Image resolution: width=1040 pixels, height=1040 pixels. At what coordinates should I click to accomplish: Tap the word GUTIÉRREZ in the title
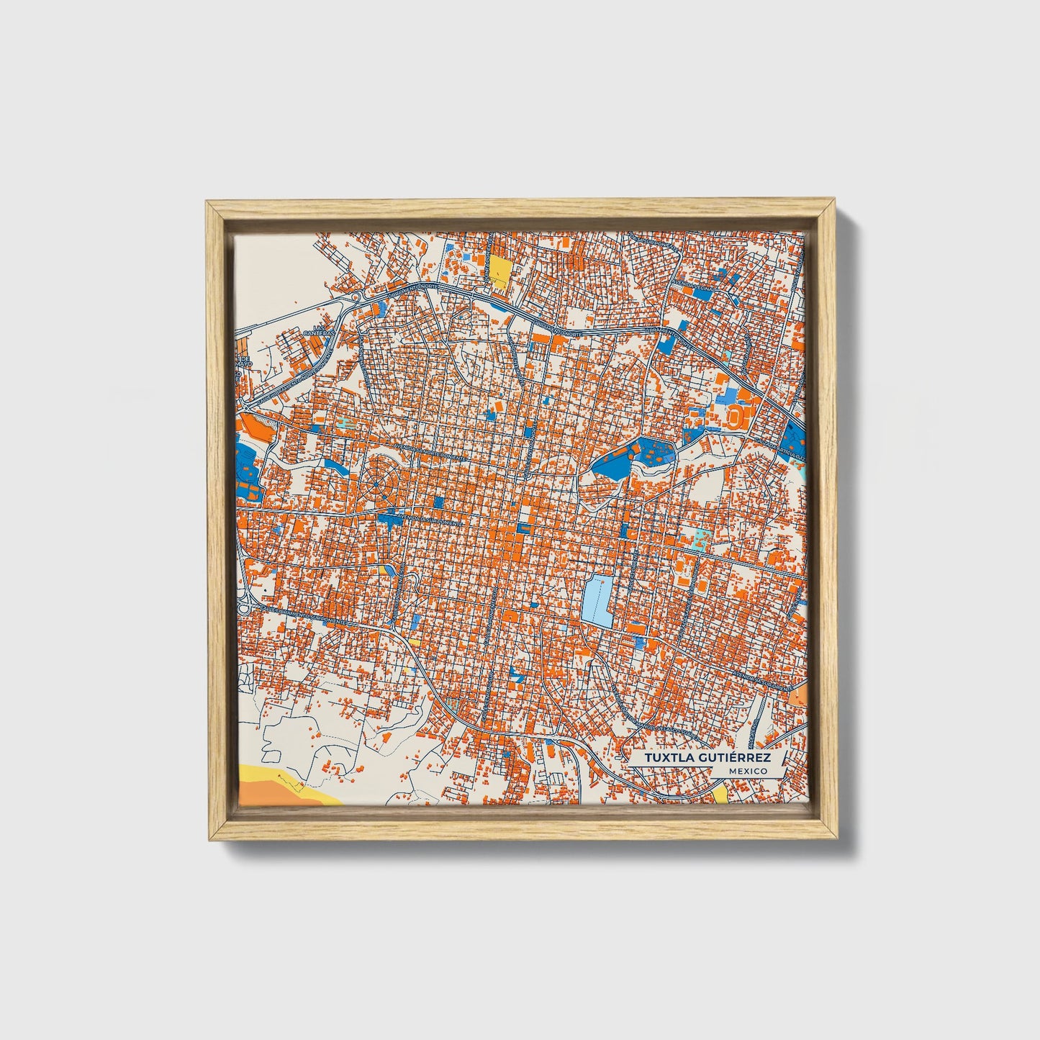point(733,759)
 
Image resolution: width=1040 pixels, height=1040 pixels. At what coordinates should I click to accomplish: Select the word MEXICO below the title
point(746,772)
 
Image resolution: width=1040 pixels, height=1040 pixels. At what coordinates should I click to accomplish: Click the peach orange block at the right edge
point(798,695)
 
